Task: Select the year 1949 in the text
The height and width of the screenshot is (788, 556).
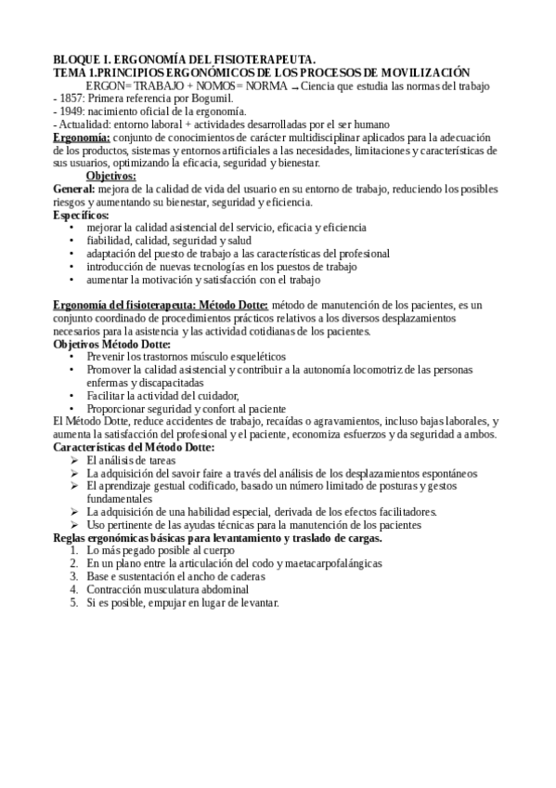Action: tap(75, 112)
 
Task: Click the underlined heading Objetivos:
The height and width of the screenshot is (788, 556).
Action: tap(110, 176)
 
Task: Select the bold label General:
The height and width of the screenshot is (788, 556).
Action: tap(76, 189)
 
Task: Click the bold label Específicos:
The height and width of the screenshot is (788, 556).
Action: tap(82, 215)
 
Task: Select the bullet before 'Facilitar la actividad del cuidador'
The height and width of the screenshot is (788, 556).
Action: tap(73, 395)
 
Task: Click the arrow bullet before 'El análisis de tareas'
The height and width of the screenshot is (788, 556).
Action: tap(74, 459)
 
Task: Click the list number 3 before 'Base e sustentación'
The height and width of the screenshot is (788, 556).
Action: tap(73, 576)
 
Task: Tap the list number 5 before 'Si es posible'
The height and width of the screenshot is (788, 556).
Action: tap(73, 602)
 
